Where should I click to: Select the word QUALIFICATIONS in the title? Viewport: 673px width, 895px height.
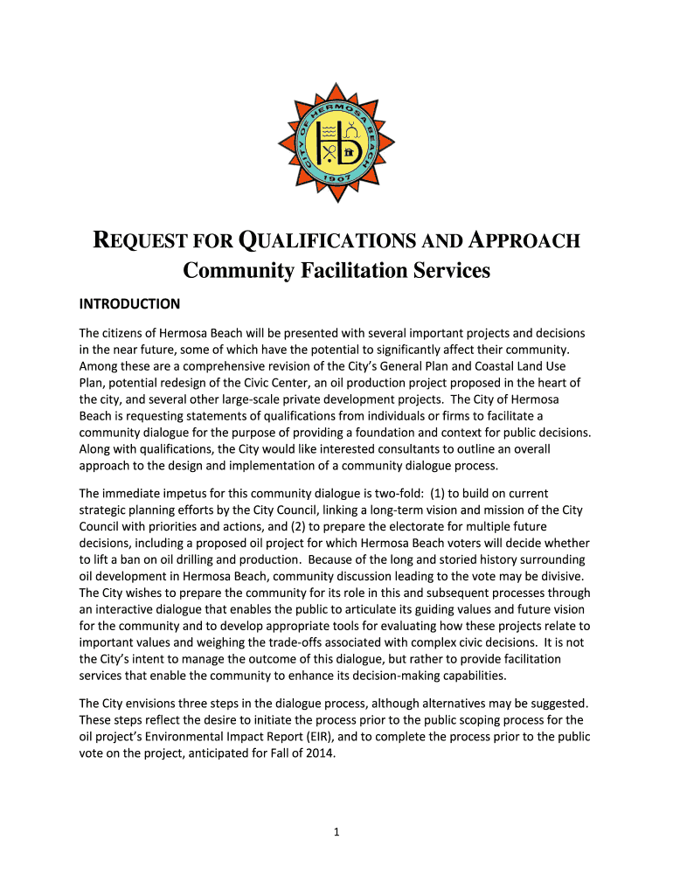317,241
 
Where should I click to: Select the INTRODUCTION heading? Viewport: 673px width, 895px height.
129,304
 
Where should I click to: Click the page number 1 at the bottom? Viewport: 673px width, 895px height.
336,832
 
